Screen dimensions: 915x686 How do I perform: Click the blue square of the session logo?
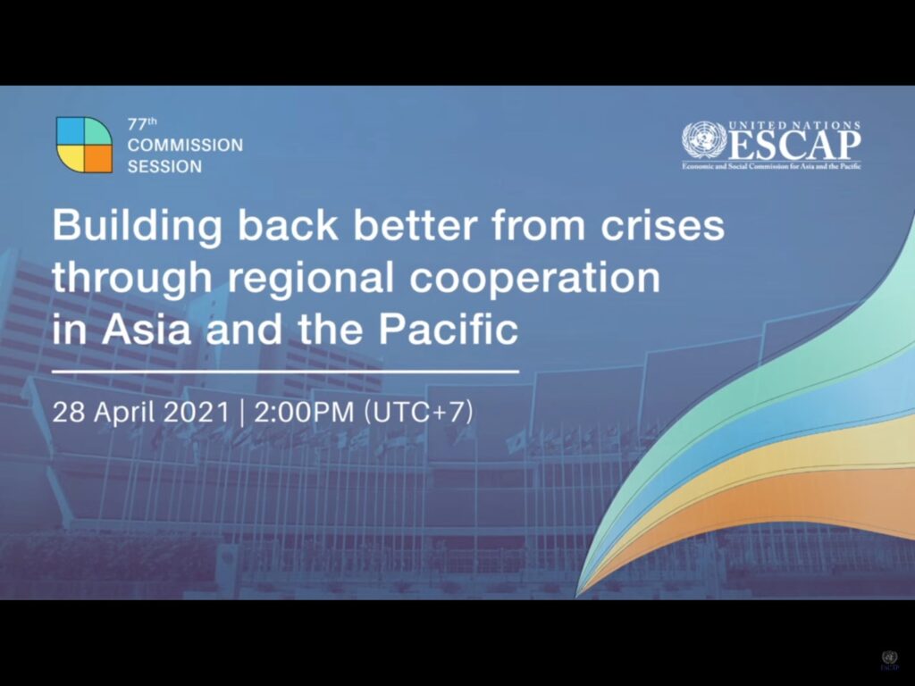pos(71,130)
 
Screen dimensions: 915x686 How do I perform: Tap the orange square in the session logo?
pos(98,159)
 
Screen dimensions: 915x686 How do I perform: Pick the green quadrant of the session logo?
pos(97,131)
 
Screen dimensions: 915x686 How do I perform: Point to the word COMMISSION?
pos(185,145)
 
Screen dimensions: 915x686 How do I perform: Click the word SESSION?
pos(164,166)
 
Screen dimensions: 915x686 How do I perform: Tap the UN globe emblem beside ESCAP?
pos(704,140)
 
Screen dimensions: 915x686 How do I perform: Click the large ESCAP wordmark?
pos(794,146)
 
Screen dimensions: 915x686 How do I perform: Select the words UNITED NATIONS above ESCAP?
pos(794,125)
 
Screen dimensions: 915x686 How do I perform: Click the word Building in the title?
pos(137,226)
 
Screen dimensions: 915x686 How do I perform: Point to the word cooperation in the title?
pos(534,278)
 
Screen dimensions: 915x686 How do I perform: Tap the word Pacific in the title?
pos(449,329)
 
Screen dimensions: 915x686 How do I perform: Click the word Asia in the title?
pos(147,329)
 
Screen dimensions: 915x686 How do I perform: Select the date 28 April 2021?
pos(141,412)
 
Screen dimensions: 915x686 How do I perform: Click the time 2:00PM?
pos(304,412)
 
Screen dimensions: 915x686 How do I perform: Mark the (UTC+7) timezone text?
pos(418,412)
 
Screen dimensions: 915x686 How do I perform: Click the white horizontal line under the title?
pos(285,371)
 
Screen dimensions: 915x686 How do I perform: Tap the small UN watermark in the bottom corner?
pos(889,660)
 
